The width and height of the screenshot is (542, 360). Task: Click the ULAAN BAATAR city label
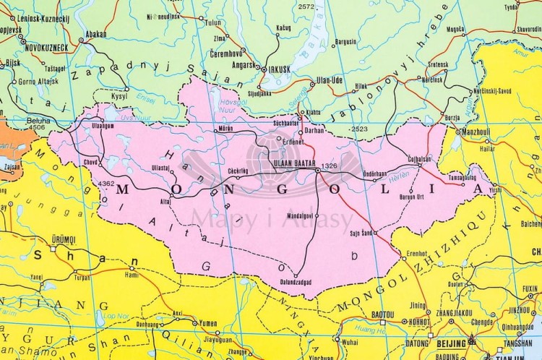tap(293, 164)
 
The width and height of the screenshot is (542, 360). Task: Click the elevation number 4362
tap(106, 184)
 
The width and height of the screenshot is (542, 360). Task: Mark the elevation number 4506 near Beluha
tap(36, 127)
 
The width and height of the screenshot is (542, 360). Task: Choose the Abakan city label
tap(96, 33)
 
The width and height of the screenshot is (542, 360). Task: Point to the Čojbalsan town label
tap(419, 158)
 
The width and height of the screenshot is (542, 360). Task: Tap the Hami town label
tap(132, 275)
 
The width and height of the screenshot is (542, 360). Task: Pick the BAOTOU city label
tap(382, 314)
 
